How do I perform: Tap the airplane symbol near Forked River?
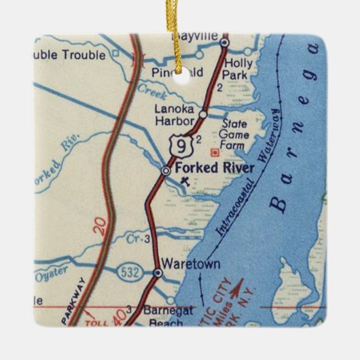tap(186, 181)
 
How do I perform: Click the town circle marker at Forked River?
tap(166, 170)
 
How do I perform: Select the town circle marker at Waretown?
tap(158, 272)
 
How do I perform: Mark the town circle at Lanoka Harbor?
tap(202, 115)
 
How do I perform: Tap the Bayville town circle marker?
tap(225, 42)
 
